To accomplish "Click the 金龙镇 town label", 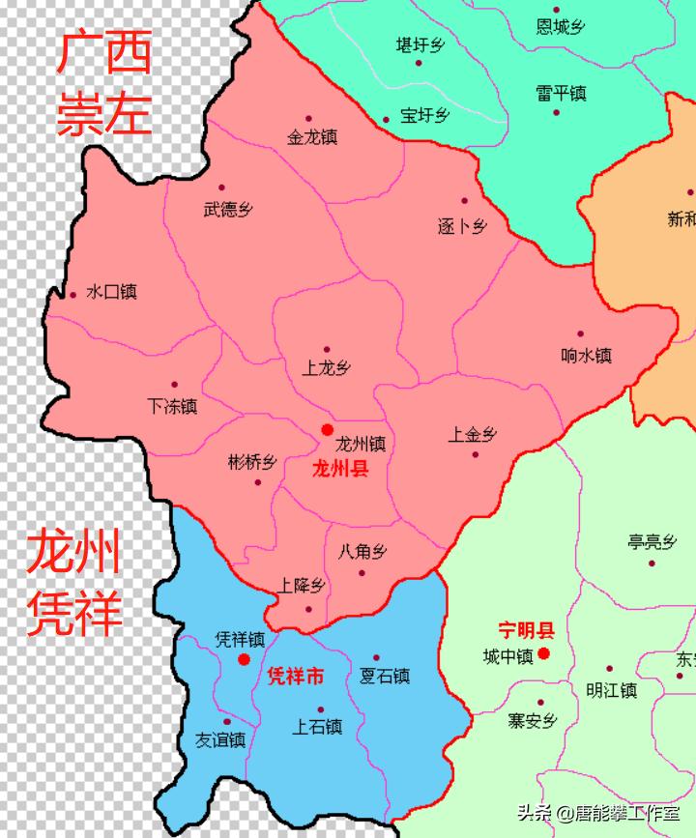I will pos(312,138).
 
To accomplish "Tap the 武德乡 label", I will pos(228,209).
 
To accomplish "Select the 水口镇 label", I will pos(111,292).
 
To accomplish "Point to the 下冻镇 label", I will pos(172,406).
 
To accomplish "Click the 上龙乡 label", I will pos(327,368).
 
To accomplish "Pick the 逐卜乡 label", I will pos(462,227).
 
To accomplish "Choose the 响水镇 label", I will pos(587,356).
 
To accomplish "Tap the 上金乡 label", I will pos(473,435).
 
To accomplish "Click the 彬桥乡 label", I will pos(252,462).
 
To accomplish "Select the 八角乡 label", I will pos(363,553).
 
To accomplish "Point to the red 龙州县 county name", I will pos(340,469).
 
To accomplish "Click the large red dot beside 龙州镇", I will pos(328,429).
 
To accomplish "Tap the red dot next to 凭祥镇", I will pos(245,659).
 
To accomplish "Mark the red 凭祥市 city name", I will pos(295,677).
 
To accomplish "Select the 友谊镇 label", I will pos(220,739).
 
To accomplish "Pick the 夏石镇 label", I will pos(385,676).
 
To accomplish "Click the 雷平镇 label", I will pos(562,94).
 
